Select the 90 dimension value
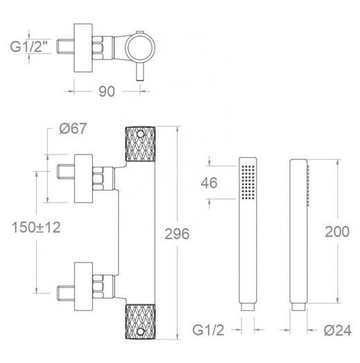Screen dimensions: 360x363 coord(107,91)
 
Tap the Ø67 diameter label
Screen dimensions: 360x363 coord(73,128)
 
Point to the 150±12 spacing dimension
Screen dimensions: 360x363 coord(36,227)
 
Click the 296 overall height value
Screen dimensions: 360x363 coord(177,234)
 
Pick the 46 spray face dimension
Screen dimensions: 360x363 coord(209,183)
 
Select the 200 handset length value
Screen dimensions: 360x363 coord(337,232)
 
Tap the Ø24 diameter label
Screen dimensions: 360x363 coord(338,330)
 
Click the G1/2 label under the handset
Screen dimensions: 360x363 coord(208,330)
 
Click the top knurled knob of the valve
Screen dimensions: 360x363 coord(141,144)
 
